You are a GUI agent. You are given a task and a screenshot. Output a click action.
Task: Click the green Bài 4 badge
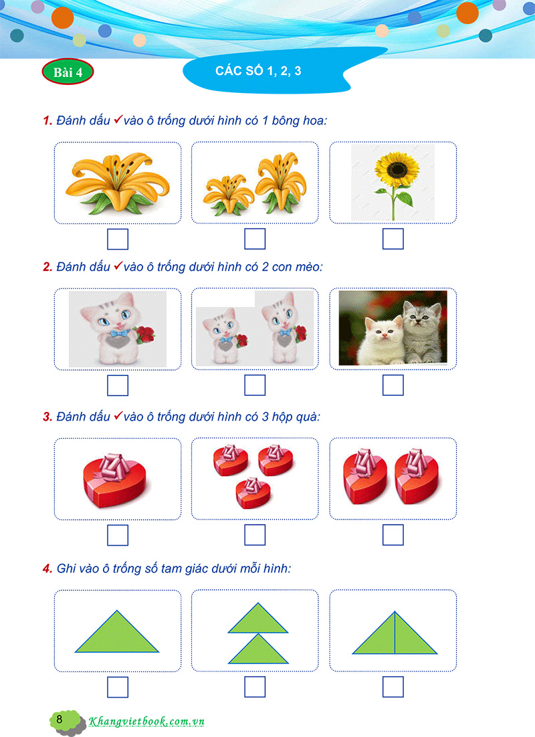point(68,73)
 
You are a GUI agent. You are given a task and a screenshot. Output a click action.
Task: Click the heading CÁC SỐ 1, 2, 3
point(258,71)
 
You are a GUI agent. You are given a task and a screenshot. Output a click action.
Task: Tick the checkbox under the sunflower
point(393,239)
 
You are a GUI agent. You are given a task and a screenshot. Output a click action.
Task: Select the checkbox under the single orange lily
point(118,239)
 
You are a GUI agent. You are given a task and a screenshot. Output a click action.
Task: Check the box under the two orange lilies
point(255,239)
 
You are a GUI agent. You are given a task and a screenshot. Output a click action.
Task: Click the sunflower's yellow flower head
point(393,168)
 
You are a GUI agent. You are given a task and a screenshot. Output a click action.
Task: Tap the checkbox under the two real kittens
point(393,385)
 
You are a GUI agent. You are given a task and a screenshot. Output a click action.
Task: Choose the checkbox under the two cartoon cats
point(255,385)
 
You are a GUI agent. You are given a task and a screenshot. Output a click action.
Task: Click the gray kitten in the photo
point(421,328)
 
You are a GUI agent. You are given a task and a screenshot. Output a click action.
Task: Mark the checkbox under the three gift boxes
point(255,535)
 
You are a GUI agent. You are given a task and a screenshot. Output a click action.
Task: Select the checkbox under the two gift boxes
point(393,535)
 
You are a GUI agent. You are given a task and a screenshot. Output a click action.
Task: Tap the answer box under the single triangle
point(118,687)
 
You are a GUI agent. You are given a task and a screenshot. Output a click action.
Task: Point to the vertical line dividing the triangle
point(395,634)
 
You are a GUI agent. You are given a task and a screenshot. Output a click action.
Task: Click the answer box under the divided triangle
point(393,687)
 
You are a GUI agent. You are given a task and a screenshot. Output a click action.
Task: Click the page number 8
point(60,720)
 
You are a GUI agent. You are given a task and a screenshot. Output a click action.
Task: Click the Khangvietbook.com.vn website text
point(146,722)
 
